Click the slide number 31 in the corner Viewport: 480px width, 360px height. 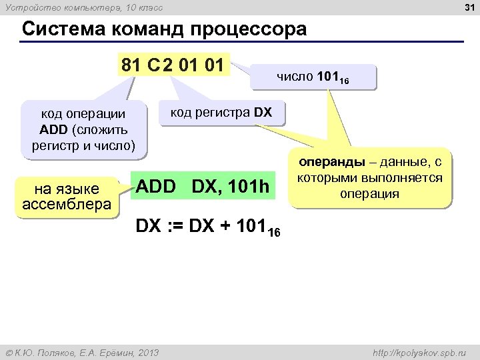point(469,7)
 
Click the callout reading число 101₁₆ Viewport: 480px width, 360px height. point(313,77)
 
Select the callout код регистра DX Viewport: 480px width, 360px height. point(221,113)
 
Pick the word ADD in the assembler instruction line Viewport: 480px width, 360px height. point(156,189)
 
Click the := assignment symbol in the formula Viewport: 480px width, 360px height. point(177,227)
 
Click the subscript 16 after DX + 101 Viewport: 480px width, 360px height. point(275,232)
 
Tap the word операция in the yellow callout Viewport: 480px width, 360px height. point(369,194)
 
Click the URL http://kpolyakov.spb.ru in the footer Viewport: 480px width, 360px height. point(418,352)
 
